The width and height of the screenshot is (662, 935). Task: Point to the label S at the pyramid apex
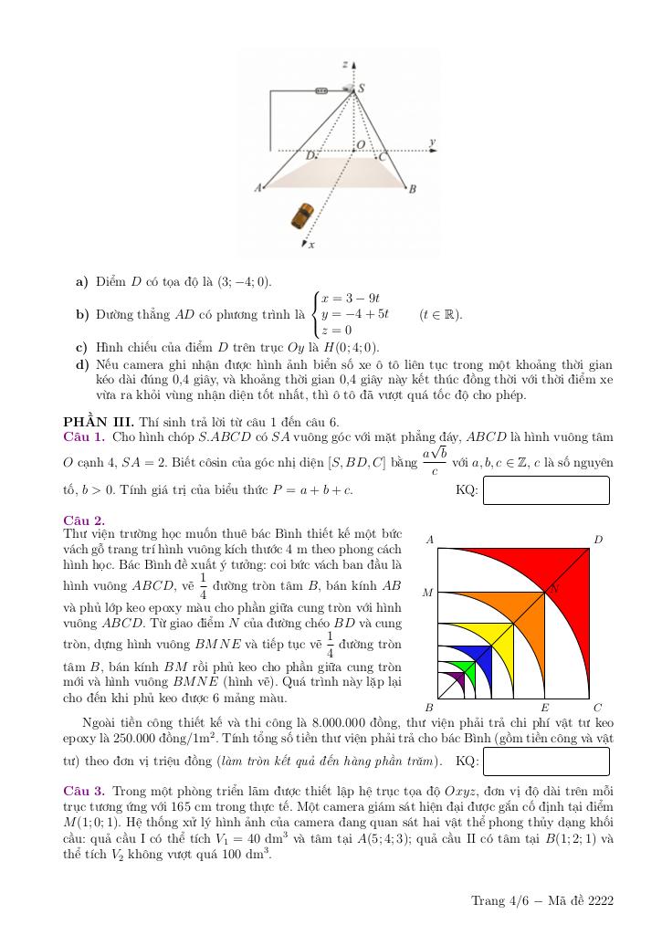point(362,89)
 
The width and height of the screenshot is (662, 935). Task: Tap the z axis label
point(344,65)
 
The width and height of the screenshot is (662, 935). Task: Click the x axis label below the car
point(312,245)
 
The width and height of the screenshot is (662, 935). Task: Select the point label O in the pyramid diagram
point(360,144)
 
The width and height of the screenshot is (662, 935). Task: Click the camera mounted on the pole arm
point(321,90)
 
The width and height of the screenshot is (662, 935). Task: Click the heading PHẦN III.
point(98,422)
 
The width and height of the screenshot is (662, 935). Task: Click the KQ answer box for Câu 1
point(545,490)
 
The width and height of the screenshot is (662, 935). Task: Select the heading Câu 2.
point(84,520)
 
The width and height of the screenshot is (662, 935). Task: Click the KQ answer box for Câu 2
point(545,762)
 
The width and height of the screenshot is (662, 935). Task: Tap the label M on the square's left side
point(427,593)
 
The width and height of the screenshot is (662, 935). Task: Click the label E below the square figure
point(544,708)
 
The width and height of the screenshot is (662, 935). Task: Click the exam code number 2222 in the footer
point(601,901)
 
